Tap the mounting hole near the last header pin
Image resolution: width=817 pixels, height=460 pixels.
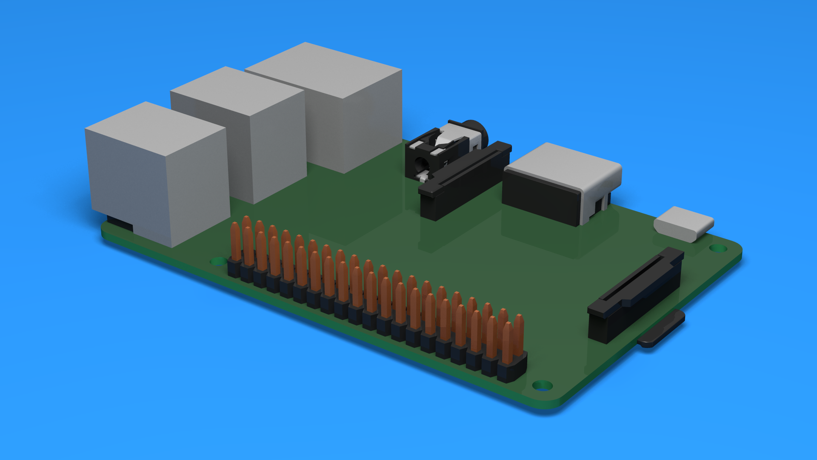tap(543, 385)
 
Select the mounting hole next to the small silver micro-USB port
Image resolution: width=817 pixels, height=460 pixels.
tap(718, 248)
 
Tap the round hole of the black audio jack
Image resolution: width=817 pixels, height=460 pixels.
tap(421, 164)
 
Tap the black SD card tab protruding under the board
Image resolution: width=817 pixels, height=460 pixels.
tap(662, 330)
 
